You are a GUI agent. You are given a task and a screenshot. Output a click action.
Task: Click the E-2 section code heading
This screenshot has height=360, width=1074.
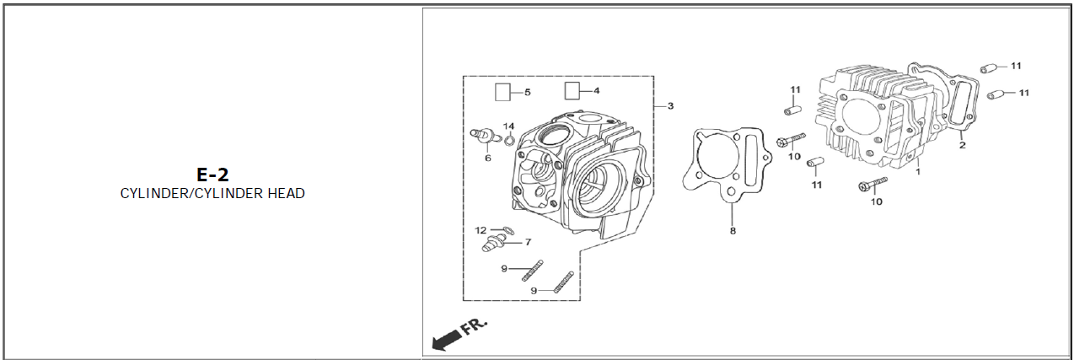[x=212, y=175]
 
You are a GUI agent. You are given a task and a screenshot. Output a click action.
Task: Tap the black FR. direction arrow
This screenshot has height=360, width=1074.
[x=447, y=340]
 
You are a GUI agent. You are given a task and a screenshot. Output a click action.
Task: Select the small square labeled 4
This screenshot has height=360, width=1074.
[x=572, y=90]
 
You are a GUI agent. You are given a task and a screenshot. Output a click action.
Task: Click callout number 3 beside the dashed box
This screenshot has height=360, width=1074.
[x=670, y=106]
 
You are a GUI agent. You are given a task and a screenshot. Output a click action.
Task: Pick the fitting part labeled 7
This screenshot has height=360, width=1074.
[x=494, y=242]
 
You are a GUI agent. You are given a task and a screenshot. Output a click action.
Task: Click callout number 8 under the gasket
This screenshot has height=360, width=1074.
[x=733, y=231]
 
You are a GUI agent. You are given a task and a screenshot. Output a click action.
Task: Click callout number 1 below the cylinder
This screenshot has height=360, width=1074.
[x=918, y=171]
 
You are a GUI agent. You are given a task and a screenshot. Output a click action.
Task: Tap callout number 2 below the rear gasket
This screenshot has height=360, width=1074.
[x=962, y=145]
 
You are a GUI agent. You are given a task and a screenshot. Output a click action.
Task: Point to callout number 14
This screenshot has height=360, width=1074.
[x=508, y=126]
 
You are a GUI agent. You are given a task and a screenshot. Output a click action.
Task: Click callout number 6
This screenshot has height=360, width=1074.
[x=487, y=158]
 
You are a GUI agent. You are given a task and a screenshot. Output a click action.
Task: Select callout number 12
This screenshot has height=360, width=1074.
[x=481, y=230]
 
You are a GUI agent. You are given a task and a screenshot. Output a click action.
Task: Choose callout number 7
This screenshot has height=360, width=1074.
[x=528, y=242]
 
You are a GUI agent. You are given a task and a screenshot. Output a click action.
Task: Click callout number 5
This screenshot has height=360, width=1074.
[x=528, y=92]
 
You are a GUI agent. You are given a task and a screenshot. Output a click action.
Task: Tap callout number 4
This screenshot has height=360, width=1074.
[x=597, y=90]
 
